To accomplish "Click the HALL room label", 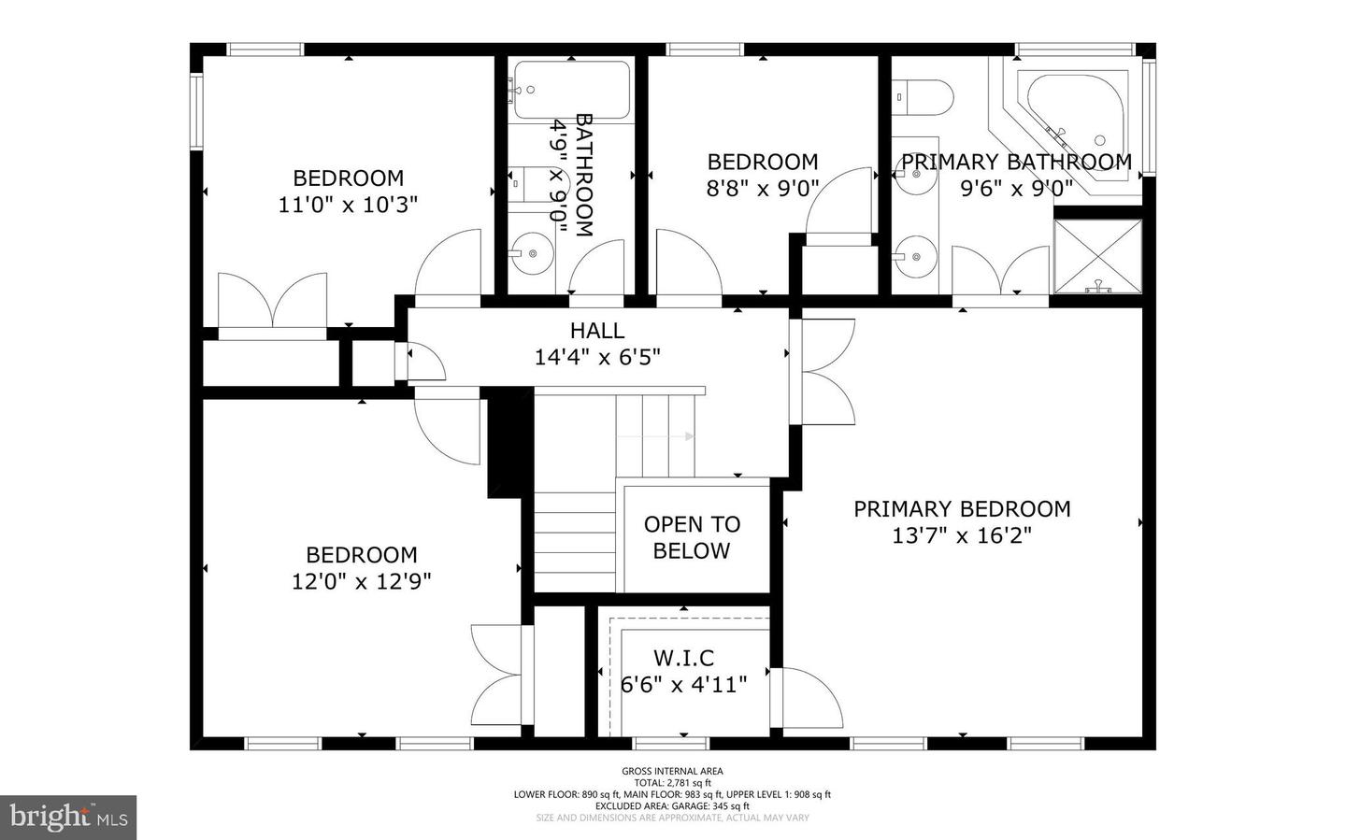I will (x=597, y=331).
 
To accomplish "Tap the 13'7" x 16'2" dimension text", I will (x=962, y=536).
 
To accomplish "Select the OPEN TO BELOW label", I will (x=692, y=537).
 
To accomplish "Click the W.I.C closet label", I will (x=684, y=660).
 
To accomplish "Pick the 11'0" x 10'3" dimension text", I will (x=348, y=204).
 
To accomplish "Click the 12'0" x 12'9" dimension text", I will (x=361, y=581).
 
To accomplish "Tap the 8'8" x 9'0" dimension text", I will (x=763, y=189).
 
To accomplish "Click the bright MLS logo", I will (x=68, y=818).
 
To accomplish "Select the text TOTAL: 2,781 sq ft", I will (x=672, y=783).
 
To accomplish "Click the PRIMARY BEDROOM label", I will (x=962, y=509).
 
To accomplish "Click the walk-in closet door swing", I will (x=809, y=699).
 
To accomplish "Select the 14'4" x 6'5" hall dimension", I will (x=597, y=357).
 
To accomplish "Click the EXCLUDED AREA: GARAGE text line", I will (x=672, y=805).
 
